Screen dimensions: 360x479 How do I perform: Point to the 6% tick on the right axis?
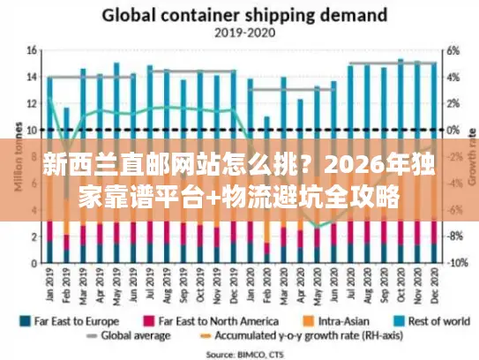click(451, 50)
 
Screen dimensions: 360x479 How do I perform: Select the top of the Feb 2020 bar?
click(267, 117)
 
